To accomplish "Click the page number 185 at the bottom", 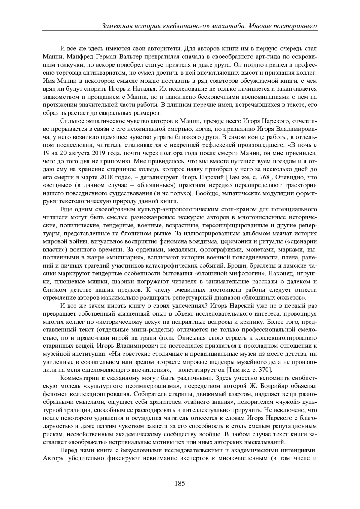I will [x=180, y=483].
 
